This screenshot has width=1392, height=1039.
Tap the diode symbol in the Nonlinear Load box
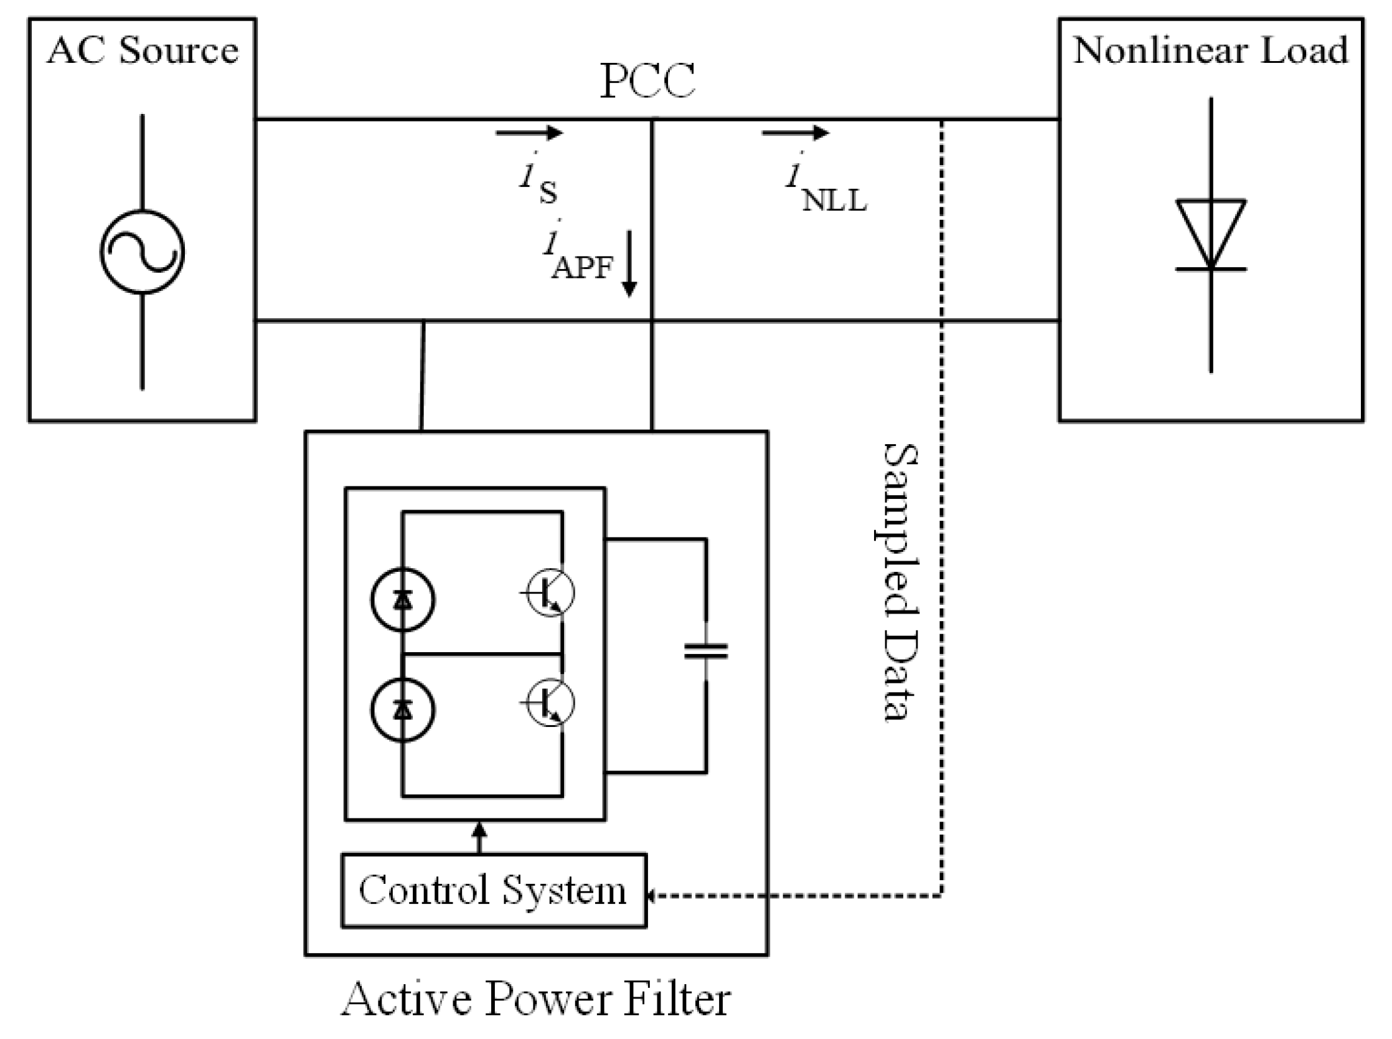(x=1210, y=235)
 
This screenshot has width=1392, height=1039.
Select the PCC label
(x=647, y=81)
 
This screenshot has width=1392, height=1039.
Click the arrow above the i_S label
(x=529, y=133)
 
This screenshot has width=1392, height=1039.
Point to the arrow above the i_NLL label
(x=796, y=133)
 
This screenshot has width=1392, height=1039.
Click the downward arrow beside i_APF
(x=629, y=263)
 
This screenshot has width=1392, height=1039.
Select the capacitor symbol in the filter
(x=706, y=651)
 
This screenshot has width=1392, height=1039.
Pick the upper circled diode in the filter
(x=402, y=599)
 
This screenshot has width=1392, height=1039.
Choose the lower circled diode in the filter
(x=402, y=710)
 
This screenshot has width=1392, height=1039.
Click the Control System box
(x=494, y=890)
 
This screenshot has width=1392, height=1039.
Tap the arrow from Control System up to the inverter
(x=479, y=837)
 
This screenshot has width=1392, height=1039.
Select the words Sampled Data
(x=898, y=582)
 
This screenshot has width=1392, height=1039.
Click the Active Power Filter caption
(x=536, y=999)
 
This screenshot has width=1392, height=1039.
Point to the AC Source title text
(x=143, y=50)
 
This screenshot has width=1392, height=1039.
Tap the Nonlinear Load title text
(x=1211, y=50)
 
